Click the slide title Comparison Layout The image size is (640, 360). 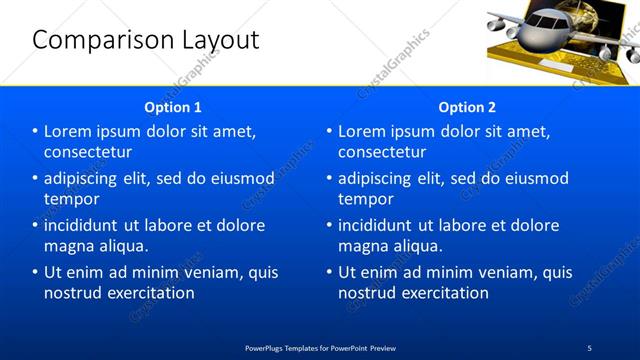point(146,41)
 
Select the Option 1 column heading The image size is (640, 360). point(173,107)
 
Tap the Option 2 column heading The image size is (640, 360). point(467,107)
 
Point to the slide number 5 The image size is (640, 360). point(589,347)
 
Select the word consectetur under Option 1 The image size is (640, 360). point(88,152)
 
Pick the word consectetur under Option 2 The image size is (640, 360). point(382,152)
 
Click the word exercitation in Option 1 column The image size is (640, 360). point(148,293)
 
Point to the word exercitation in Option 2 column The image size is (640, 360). point(442,293)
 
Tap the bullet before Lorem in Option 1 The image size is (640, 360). point(35,131)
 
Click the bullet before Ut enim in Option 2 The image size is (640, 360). point(329,272)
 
